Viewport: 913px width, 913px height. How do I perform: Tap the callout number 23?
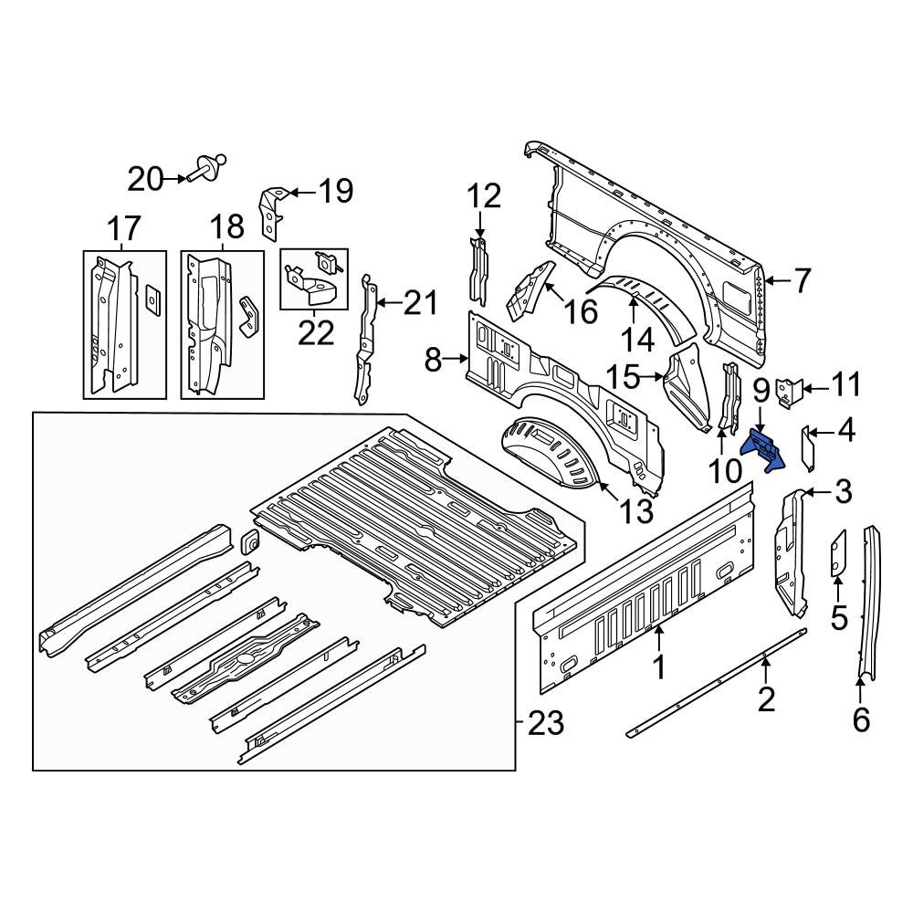[546, 724]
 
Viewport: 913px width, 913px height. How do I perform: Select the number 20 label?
[143, 179]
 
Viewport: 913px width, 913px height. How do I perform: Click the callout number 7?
[801, 281]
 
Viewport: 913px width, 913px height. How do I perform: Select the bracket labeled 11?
[785, 391]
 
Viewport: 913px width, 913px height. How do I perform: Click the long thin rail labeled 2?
[717, 681]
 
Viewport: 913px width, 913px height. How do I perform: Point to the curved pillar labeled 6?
[871, 603]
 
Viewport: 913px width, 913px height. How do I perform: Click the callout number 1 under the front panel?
[658, 667]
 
